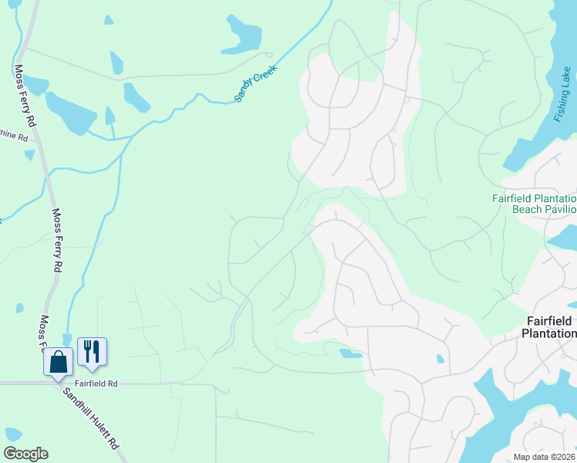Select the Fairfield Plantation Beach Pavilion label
pos(535,204)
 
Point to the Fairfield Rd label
pos(96,382)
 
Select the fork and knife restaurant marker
pos(92,352)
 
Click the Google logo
pos(25,454)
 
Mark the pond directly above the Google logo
pos(12,434)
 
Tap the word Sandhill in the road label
pos(80,404)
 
